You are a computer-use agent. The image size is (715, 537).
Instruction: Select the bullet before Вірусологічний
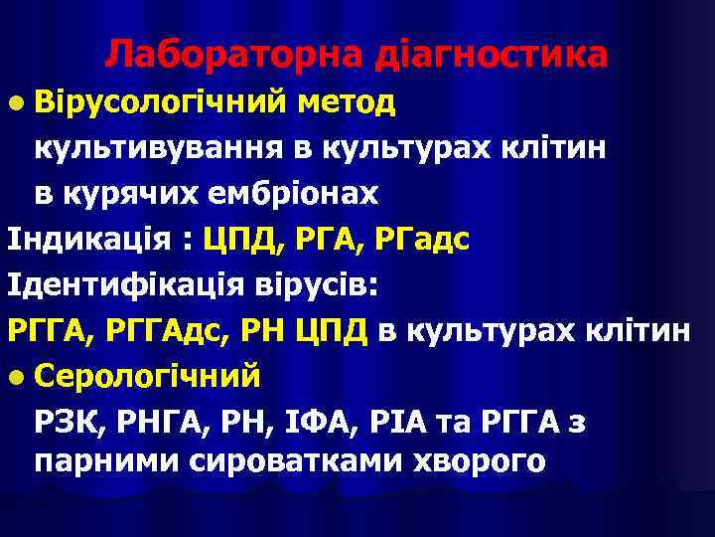[14, 101]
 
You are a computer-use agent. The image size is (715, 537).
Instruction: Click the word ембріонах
[294, 193]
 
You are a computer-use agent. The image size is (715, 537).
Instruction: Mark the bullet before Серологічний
[14, 377]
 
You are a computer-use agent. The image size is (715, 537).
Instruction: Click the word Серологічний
[148, 377]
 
